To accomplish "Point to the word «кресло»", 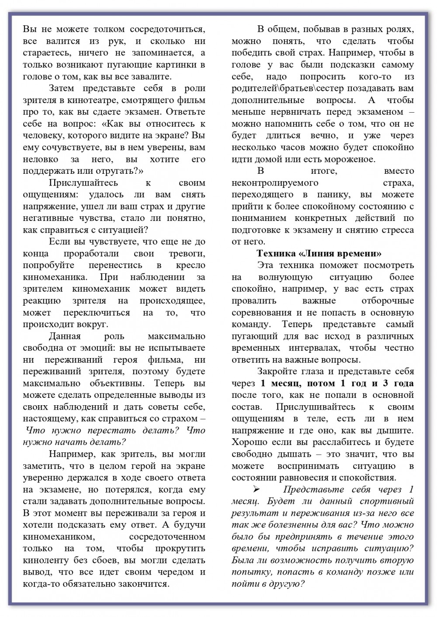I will tap(191, 265).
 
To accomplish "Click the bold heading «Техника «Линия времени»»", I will tap(319, 253).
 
